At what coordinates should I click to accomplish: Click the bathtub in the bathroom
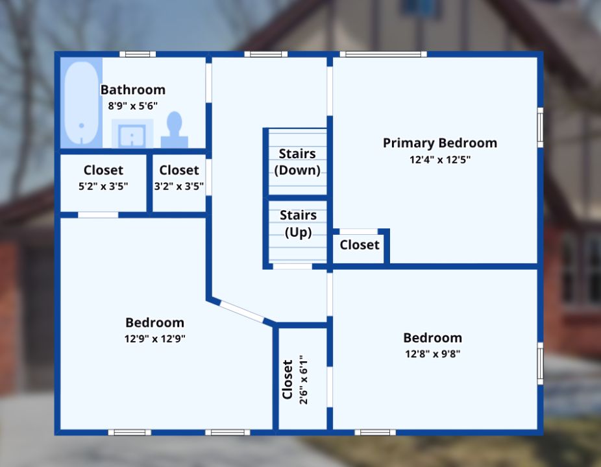pyautogui.click(x=82, y=102)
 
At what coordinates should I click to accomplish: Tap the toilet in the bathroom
pyautogui.click(x=175, y=130)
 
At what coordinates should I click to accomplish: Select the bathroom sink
pyautogui.click(x=132, y=134)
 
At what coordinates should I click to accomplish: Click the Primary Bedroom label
pyautogui.click(x=439, y=143)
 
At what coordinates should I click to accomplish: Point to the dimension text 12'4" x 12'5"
pyautogui.click(x=439, y=159)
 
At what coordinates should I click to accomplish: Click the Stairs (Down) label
pyautogui.click(x=297, y=162)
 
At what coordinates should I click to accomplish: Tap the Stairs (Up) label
pyautogui.click(x=298, y=224)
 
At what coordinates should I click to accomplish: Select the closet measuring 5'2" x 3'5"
pyautogui.click(x=103, y=178)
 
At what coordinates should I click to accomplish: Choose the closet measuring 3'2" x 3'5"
pyautogui.click(x=178, y=178)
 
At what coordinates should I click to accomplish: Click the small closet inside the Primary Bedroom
pyautogui.click(x=359, y=245)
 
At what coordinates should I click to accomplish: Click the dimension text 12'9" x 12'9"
pyautogui.click(x=154, y=338)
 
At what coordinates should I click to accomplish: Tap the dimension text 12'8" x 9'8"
pyautogui.click(x=432, y=353)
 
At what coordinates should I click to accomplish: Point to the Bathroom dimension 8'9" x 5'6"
pyautogui.click(x=132, y=105)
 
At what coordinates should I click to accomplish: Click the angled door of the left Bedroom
pyautogui.click(x=241, y=311)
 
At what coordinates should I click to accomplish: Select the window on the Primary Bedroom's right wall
pyautogui.click(x=539, y=127)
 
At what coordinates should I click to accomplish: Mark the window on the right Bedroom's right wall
pyautogui.click(x=539, y=363)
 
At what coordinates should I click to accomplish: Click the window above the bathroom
pyautogui.click(x=138, y=54)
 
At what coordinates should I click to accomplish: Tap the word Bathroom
pyautogui.click(x=132, y=90)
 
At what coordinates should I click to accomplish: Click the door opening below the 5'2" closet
pyautogui.click(x=98, y=215)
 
